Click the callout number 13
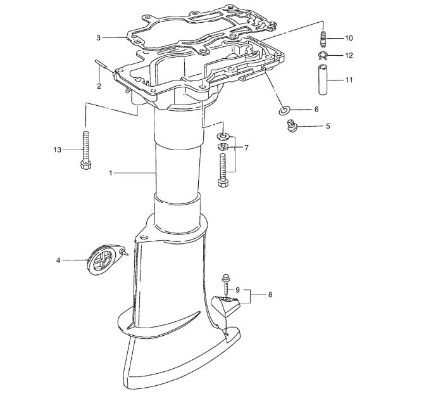tap(58, 150)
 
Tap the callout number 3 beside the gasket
tap(98, 38)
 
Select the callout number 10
tap(349, 38)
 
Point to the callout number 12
tap(349, 56)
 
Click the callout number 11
tap(349, 80)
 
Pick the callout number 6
tap(316, 110)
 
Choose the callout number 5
tap(328, 126)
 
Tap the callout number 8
tap(270, 295)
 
